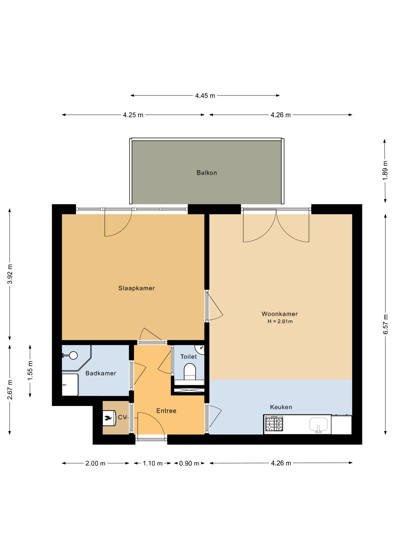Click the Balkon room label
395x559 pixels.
click(207, 173)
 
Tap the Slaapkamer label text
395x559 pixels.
click(136, 288)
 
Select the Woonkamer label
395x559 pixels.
click(280, 314)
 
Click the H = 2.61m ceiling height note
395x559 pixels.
click(280, 321)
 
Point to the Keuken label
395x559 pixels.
click(281, 407)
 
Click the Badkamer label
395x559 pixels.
click(101, 373)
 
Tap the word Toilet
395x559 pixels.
click(188, 357)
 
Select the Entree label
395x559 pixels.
click(166, 411)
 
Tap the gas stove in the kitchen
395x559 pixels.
click(274, 424)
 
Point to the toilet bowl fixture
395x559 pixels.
click(190, 372)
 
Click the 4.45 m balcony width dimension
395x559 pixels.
click(205, 95)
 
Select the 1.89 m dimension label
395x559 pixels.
click(385, 170)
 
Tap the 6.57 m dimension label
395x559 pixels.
click(385, 324)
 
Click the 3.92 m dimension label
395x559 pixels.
click(10, 274)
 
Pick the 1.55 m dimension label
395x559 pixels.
click(30, 370)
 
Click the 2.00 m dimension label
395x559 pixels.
click(95, 463)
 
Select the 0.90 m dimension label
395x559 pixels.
click(189, 463)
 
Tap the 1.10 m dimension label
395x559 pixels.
click(153, 463)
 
